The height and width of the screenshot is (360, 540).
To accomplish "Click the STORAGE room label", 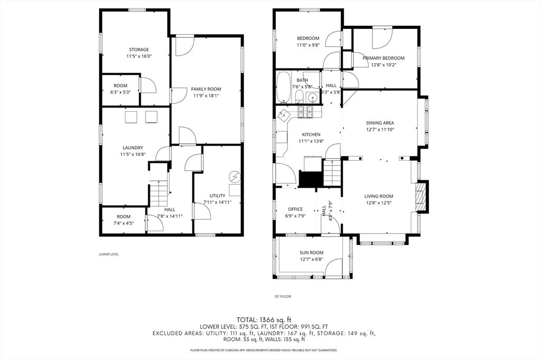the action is point(139,50).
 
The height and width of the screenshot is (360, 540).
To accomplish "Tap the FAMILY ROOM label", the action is point(206,89).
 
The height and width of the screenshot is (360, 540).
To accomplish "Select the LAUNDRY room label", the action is point(132,148).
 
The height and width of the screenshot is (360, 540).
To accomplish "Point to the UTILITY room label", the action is point(217,196).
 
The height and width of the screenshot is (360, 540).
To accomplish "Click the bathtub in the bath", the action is point(284,87).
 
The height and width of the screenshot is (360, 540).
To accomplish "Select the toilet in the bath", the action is point(299,96).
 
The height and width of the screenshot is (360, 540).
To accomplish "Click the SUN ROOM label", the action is point(311,252).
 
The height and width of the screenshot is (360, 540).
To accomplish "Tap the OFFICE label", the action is point(295,209).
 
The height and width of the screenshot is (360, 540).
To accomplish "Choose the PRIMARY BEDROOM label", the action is point(383,58).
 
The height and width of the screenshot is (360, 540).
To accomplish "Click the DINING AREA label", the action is point(380,123).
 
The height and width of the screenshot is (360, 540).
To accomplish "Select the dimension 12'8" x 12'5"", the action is point(379,203).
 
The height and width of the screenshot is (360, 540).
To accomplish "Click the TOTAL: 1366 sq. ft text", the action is point(264,320).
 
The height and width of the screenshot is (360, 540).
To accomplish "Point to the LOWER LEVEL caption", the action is point(109,255).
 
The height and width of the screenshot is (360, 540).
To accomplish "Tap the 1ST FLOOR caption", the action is point(283,296).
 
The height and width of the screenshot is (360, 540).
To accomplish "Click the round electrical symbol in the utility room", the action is point(235,177).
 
